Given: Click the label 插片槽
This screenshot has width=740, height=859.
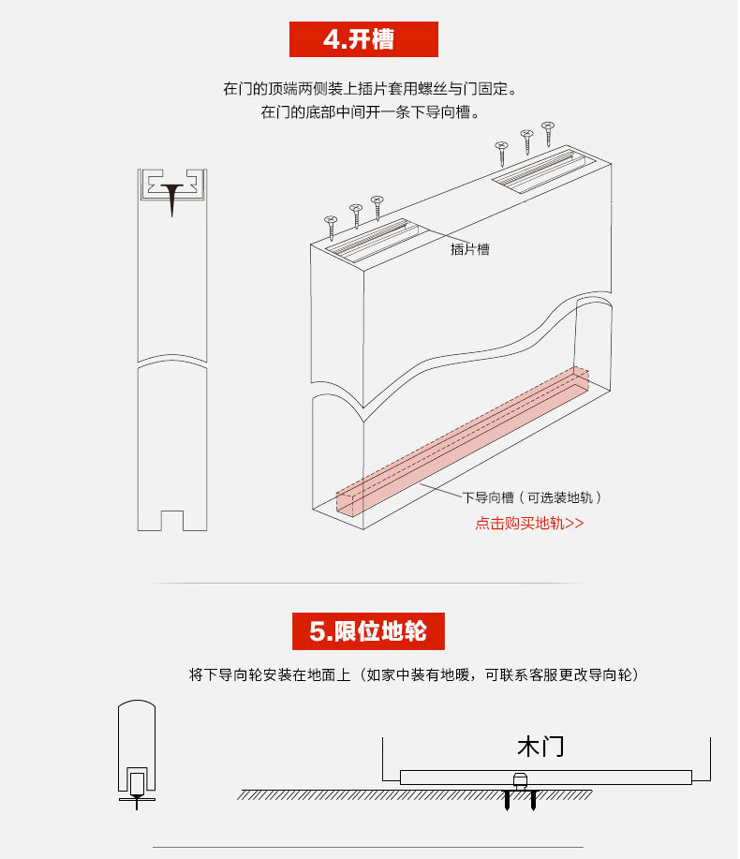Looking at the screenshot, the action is point(469,249).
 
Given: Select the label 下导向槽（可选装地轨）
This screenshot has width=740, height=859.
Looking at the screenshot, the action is point(531,498).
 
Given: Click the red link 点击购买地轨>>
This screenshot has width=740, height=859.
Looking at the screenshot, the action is point(529,524).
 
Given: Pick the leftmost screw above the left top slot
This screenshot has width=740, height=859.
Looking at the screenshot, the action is point(331,226).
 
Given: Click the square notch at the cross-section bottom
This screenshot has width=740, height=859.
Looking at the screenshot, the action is point(170,519).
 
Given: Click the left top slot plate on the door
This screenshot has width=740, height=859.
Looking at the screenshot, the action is point(375,240).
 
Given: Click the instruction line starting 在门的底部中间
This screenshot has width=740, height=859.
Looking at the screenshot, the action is point(370,113).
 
